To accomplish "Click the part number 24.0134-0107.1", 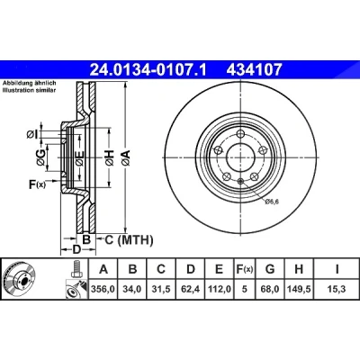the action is [148, 69].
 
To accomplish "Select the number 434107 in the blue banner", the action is [255, 69].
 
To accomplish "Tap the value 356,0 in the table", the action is [103, 289].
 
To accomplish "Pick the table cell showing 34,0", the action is [132, 289].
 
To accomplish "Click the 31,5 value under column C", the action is [161, 289].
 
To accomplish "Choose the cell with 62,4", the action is [190, 289].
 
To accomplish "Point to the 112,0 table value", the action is [219, 289].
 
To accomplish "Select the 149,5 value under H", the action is [299, 289].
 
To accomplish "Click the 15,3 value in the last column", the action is [337, 289].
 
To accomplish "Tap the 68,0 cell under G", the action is [270, 289].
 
